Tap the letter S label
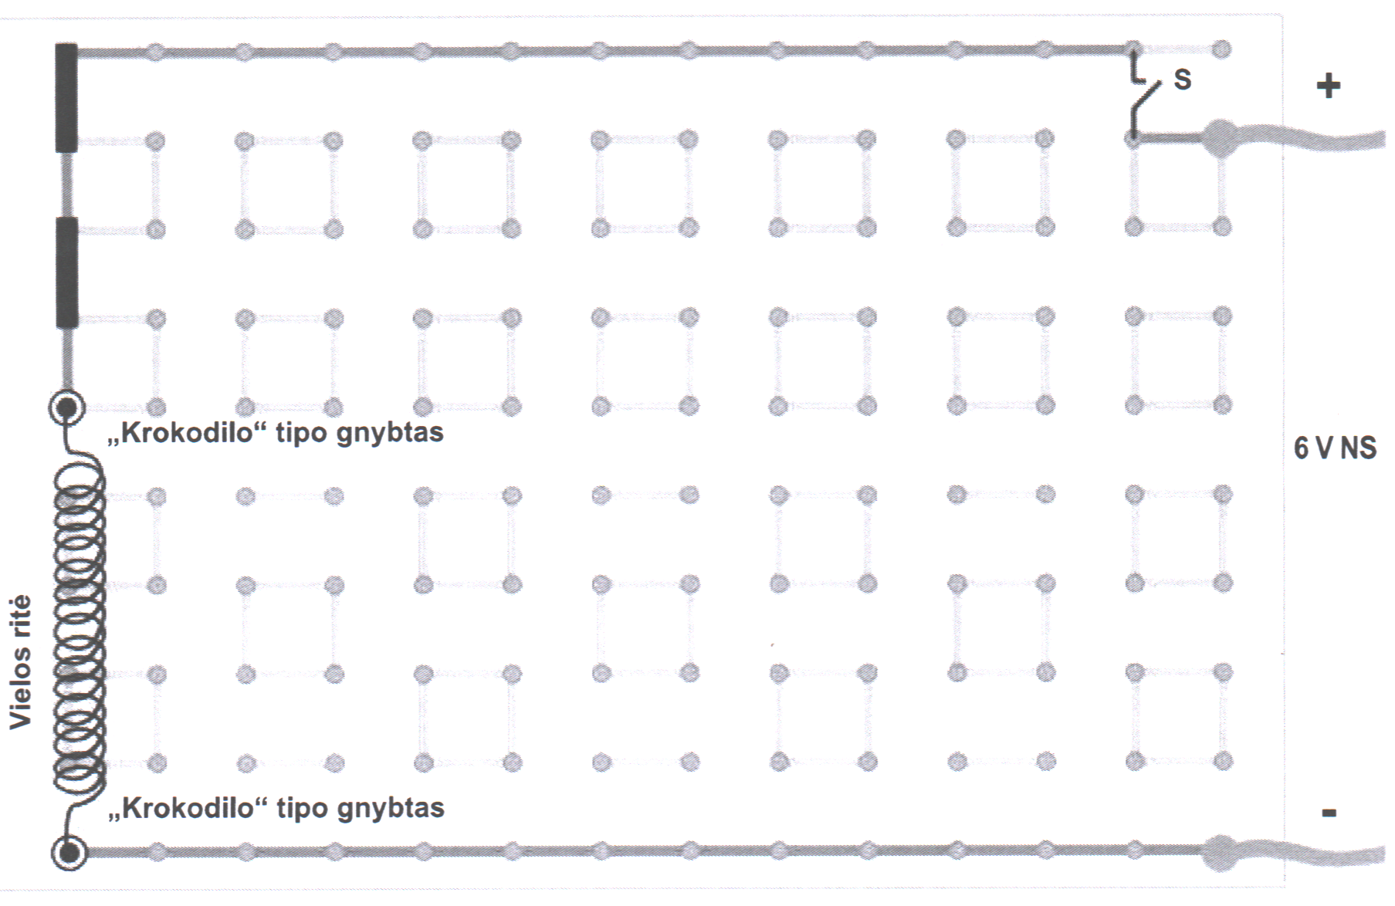[1182, 79]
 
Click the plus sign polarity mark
[1328, 86]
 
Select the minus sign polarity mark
[1329, 813]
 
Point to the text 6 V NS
[1335, 448]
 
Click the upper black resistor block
[66, 98]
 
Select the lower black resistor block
[67, 273]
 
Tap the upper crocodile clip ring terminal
[66, 407]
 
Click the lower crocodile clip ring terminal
[69, 853]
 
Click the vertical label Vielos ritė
[21, 662]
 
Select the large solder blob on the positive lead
[1221, 138]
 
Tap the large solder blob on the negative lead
[1221, 852]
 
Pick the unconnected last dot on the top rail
[1221, 50]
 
